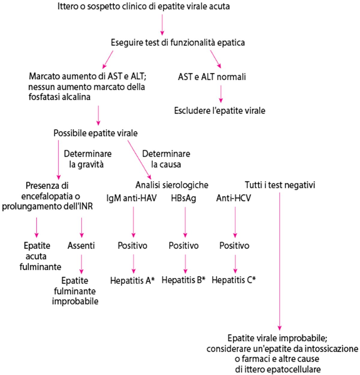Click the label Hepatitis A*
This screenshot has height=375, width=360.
(x=132, y=280)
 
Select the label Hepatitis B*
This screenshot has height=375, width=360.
(x=183, y=280)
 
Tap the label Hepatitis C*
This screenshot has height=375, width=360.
(x=234, y=280)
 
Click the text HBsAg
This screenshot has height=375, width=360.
(x=184, y=198)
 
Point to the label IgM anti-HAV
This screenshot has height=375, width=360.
(x=131, y=198)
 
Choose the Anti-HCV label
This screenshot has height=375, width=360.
(x=233, y=198)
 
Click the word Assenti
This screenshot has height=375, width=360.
(x=81, y=245)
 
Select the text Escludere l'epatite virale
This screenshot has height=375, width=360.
(x=220, y=111)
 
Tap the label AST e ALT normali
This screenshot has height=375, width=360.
(x=212, y=77)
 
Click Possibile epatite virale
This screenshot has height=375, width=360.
(x=95, y=133)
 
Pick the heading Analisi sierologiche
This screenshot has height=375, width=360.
(x=172, y=185)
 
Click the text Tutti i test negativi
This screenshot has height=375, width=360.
(x=280, y=185)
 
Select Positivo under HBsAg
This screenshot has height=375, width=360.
(x=184, y=245)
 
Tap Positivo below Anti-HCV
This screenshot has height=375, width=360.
(x=234, y=245)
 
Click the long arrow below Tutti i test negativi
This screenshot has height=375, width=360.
(x=280, y=261)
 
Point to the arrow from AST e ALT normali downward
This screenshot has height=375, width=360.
(x=221, y=94)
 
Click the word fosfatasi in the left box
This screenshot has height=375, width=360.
(x=42, y=97)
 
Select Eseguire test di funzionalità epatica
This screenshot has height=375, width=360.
(x=178, y=43)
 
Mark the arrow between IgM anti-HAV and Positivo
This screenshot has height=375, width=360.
(x=133, y=222)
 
